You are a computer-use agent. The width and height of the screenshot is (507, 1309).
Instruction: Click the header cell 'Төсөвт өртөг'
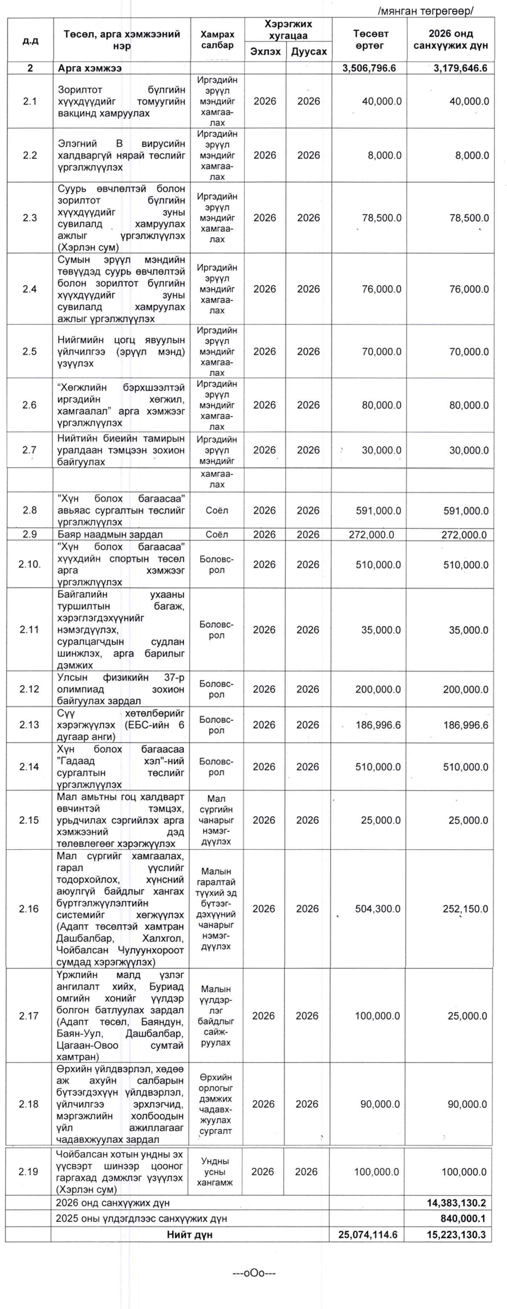coord(370,40)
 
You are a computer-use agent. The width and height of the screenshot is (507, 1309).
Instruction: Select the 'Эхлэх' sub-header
coord(265,52)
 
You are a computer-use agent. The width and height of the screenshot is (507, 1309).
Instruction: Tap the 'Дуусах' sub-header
coord(309,52)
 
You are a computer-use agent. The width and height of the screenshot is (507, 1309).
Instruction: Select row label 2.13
coord(29,725)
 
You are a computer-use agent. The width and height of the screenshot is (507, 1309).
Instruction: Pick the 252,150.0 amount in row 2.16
coord(465,909)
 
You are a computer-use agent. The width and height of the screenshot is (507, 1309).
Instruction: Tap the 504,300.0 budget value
coord(378,909)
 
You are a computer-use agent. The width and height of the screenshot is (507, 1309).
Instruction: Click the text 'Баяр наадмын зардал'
coord(110,534)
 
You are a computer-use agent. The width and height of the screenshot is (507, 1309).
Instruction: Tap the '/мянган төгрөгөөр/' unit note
coord(425,10)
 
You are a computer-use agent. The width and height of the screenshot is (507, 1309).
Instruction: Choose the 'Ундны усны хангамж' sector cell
coord(215,1172)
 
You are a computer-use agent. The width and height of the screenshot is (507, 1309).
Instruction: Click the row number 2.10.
coord(29,564)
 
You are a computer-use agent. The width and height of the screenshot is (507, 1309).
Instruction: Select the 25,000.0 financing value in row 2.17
coord(468,1016)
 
